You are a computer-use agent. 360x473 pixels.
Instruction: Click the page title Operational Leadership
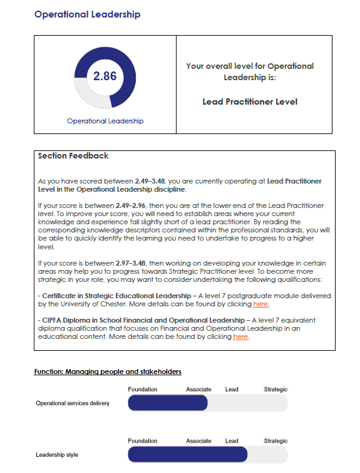click(x=87, y=14)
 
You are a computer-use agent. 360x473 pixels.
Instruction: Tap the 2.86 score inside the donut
click(x=105, y=76)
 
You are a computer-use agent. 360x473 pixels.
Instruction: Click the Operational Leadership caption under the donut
click(x=105, y=121)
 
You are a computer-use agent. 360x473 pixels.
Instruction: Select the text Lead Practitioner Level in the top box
click(x=250, y=101)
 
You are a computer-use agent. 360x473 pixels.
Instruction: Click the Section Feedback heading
click(x=73, y=156)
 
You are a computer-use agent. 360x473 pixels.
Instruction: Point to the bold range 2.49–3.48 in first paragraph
click(x=151, y=180)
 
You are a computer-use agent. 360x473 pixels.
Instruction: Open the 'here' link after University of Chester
click(x=260, y=304)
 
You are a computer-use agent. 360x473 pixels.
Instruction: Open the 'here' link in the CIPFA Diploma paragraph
click(x=240, y=337)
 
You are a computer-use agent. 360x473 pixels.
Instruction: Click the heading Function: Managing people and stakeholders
click(x=108, y=372)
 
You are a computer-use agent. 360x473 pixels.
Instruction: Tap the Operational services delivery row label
click(x=73, y=403)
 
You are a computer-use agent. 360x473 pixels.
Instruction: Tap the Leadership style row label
click(x=57, y=454)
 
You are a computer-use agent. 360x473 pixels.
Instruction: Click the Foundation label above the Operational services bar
click(x=142, y=390)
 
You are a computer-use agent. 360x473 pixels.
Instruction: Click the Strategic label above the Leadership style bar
click(x=275, y=441)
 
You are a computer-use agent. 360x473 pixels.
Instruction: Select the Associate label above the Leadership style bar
click(x=198, y=441)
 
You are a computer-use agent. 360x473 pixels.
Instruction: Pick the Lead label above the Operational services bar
click(x=232, y=390)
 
